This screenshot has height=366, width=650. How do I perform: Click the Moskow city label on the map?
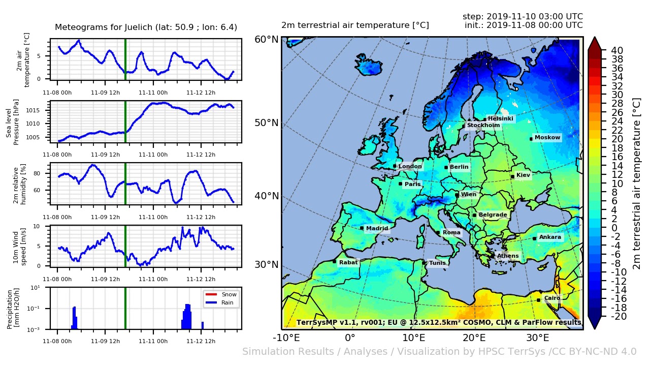pos(547,138)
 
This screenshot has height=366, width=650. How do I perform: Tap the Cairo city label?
pos(552,298)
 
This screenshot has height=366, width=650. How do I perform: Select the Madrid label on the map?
pos(377,228)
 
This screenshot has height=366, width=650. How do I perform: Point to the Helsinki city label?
pos(500,119)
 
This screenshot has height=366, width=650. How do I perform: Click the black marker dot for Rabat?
pos(334,261)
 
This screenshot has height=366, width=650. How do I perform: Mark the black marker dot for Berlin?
pos(446,167)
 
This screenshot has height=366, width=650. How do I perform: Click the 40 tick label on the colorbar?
pos(617,50)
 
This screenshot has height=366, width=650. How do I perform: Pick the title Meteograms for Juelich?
pos(146,27)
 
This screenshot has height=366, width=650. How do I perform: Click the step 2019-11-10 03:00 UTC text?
pos(523,17)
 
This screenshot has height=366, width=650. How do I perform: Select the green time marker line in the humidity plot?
pos(125,184)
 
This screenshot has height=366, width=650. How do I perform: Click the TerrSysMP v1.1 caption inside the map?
pos(439,322)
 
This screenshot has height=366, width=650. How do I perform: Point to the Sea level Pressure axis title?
pos(12,121)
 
